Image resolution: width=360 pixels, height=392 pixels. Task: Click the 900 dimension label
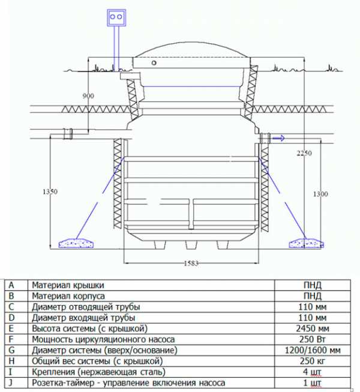click(88, 96)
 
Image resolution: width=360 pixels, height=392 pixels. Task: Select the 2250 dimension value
click(304, 153)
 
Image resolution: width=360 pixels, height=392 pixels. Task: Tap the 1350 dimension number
click(50, 191)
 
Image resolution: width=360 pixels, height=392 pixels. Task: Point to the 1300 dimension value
click(320, 194)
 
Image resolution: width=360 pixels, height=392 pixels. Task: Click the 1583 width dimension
click(191, 263)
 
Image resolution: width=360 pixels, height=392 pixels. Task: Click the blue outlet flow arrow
click(278, 138)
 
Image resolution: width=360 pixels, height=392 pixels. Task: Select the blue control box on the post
click(116, 18)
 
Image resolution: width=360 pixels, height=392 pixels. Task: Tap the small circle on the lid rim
click(154, 63)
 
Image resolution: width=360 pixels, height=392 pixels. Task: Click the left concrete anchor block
click(76, 243)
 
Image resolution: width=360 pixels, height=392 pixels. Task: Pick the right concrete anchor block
click(306, 243)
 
